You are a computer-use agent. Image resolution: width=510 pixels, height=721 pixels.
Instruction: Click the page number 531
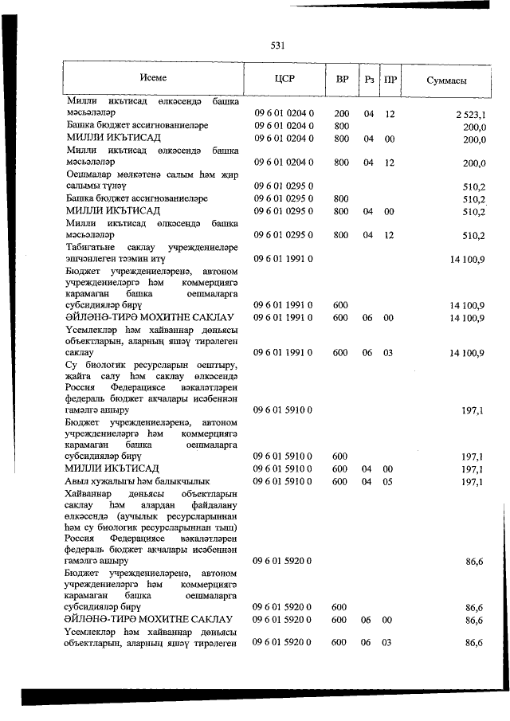pyautogui.click(x=277, y=45)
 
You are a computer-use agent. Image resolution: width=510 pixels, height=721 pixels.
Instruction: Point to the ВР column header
pyautogui.click(x=342, y=80)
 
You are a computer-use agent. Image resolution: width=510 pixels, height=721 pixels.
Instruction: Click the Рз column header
pyautogui.click(x=369, y=80)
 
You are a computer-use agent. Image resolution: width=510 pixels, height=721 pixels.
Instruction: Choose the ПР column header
pyautogui.click(x=390, y=80)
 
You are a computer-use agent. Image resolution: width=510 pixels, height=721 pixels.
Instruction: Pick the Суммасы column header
pyautogui.click(x=446, y=80)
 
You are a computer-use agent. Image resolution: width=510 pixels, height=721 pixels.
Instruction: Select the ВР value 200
pyautogui.click(x=342, y=114)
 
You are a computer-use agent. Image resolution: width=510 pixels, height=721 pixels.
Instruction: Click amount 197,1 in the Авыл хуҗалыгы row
pyautogui.click(x=473, y=481)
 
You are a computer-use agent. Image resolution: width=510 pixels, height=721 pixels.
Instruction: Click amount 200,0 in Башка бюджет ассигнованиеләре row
pyautogui.click(x=474, y=126)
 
